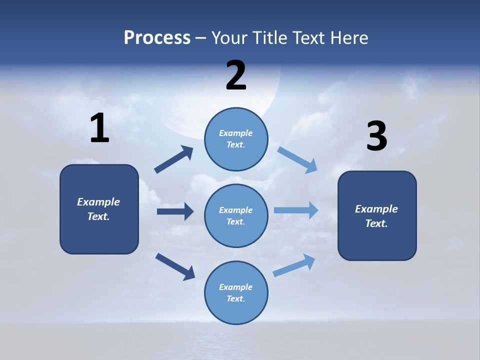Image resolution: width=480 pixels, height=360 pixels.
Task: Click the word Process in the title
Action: [157, 38]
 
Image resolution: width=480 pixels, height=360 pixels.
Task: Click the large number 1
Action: [99, 128]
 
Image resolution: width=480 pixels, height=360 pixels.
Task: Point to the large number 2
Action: [236, 75]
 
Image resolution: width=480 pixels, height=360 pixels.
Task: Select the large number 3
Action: [376, 137]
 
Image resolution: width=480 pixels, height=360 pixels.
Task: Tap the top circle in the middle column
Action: [236, 139]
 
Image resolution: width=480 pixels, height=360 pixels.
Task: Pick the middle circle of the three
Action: [236, 215]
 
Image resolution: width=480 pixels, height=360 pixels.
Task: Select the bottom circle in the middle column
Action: [236, 292]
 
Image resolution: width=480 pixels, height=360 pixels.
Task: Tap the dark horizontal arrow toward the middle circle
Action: [175, 211]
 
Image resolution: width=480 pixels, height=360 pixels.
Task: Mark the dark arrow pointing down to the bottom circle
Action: [175, 266]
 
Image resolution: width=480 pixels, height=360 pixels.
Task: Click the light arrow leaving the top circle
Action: [298, 160]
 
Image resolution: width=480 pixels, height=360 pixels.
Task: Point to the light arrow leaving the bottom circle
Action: [294, 265]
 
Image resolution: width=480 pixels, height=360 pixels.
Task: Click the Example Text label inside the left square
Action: [98, 209]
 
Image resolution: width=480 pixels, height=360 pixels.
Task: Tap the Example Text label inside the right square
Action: [376, 216]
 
